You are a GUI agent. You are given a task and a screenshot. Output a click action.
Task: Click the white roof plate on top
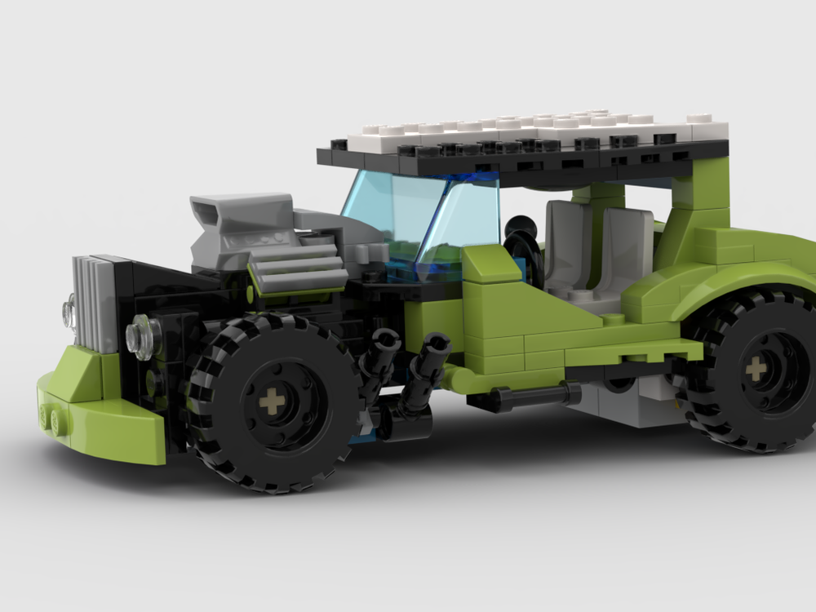[530, 126]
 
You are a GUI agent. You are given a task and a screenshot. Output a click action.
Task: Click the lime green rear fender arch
[734, 277]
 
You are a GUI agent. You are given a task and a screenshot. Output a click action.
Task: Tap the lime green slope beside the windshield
[490, 269]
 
